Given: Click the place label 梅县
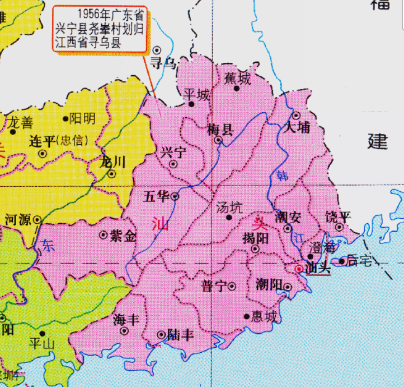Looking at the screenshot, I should click(220, 129).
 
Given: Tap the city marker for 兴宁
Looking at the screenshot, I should click(173, 164).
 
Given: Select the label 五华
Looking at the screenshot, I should click(156, 196).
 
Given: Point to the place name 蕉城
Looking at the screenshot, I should click(237, 78).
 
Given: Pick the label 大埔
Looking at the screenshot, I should click(297, 127).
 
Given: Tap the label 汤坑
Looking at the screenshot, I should click(229, 207).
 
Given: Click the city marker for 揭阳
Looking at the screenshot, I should click(255, 248).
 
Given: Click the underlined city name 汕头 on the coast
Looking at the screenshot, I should click(317, 269).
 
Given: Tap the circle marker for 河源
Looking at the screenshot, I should click(37, 220).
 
